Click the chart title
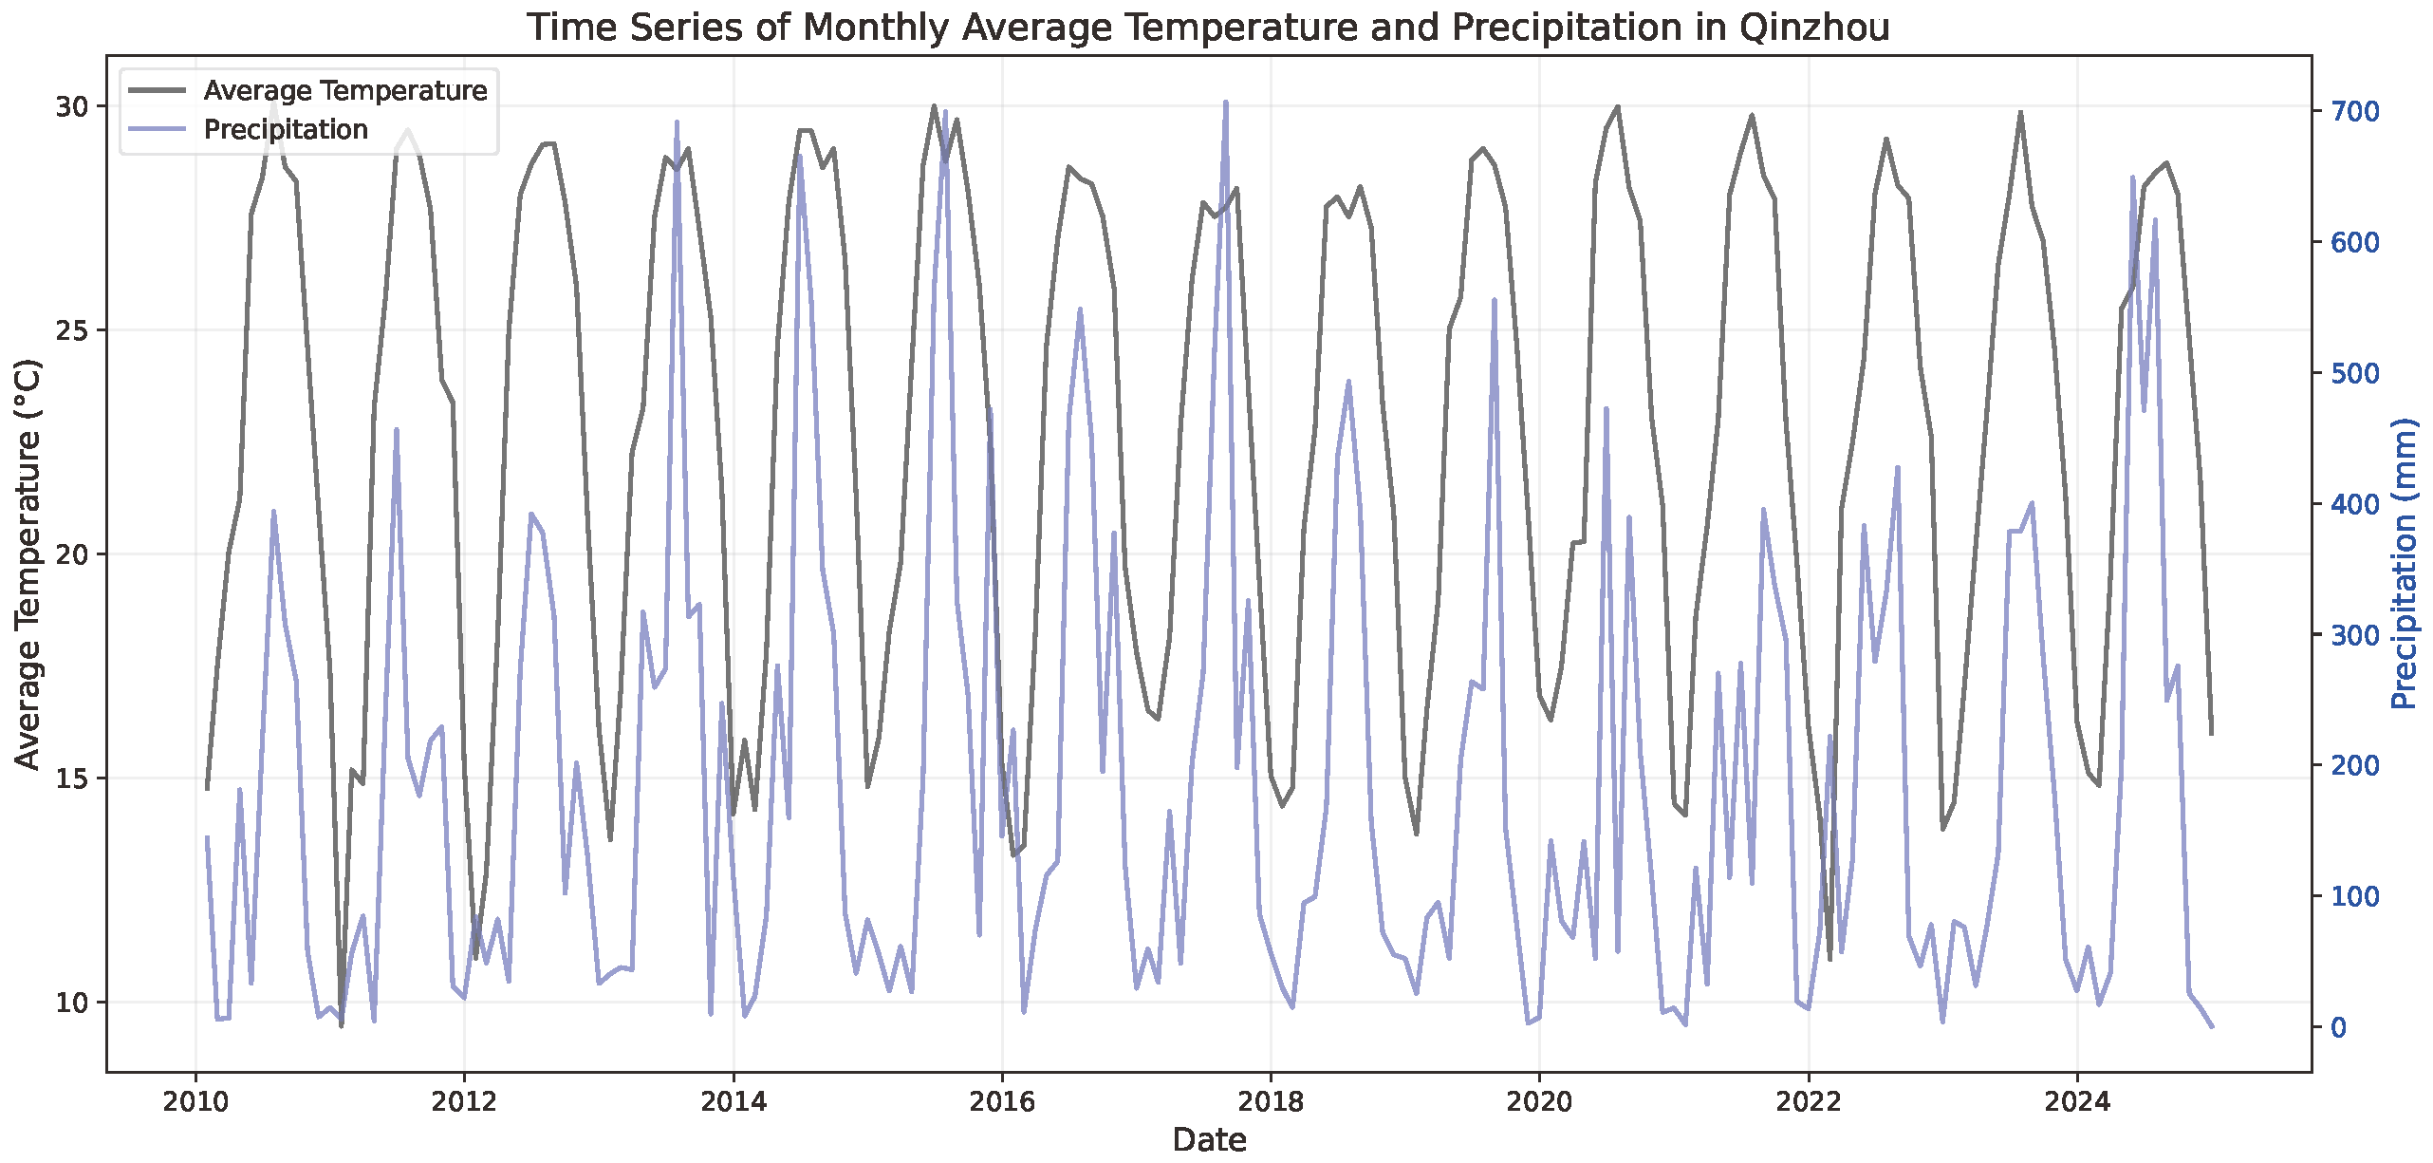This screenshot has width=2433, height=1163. (1208, 28)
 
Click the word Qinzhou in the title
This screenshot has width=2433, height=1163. (1814, 28)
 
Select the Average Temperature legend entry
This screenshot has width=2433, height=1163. (344, 90)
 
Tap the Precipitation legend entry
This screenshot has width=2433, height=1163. (286, 129)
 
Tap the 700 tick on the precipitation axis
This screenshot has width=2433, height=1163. (2355, 111)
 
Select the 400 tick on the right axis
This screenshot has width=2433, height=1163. (2355, 503)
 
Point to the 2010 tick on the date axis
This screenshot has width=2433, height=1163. (195, 1102)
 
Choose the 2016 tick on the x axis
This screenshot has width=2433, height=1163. (1001, 1102)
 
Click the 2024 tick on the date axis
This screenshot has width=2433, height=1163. (2076, 1102)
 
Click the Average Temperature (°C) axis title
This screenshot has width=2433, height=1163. (28, 564)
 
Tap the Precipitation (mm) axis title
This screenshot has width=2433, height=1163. (2405, 564)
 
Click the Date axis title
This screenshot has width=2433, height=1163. (1209, 1139)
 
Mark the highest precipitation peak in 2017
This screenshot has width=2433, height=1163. (1225, 102)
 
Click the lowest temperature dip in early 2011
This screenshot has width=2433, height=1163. (341, 1025)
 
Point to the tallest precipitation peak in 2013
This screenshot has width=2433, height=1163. (677, 122)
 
